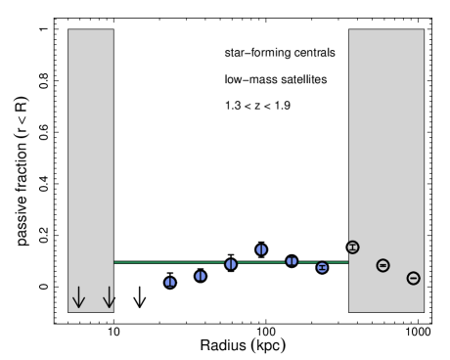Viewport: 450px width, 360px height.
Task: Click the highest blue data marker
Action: tap(261, 249)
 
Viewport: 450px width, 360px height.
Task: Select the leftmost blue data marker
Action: tap(170, 282)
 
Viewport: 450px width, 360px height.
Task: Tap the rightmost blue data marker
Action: tap(322, 267)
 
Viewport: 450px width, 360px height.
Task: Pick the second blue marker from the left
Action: tap(201, 276)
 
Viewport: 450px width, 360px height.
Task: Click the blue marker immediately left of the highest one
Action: tap(231, 264)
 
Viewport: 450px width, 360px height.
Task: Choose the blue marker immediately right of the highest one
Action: tap(292, 261)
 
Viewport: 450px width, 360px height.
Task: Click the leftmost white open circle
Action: tap(140, 287)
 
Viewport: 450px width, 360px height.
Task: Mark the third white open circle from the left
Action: tap(201, 287)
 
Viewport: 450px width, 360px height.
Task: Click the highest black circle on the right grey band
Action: tap(353, 247)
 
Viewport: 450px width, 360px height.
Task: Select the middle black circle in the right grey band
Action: tap(382, 265)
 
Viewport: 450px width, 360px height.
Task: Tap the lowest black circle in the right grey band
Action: tap(413, 278)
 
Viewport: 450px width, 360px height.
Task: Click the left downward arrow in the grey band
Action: tap(78, 297)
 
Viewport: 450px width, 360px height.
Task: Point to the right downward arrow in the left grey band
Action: tap(109, 297)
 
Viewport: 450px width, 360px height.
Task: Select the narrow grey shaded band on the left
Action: tap(90, 147)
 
